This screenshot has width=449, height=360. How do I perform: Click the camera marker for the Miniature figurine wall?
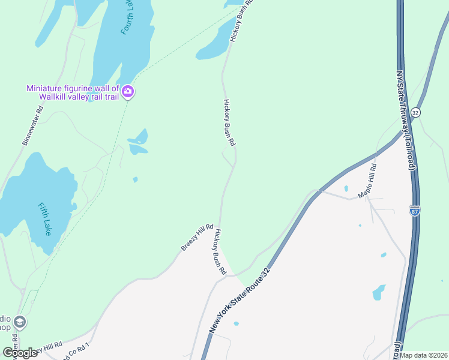pyautogui.click(x=128, y=92)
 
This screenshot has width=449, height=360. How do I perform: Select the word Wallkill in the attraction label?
pyautogui.click(x=56, y=97)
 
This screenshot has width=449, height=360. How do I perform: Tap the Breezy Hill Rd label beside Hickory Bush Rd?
pyautogui.click(x=197, y=238)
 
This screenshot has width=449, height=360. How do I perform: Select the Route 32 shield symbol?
pyautogui.click(x=415, y=112)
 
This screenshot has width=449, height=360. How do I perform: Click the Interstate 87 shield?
pyautogui.click(x=415, y=211)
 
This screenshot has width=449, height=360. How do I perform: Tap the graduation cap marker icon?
pyautogui.click(x=19, y=322)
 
